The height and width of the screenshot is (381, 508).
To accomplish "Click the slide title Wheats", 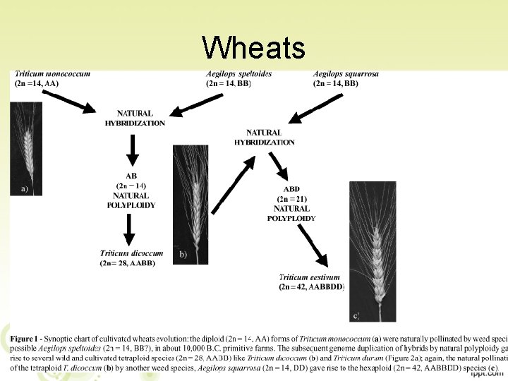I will coord(253,48).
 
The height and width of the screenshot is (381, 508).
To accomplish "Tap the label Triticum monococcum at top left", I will coord(51,74).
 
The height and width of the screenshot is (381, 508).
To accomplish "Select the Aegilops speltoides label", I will coord(239,74).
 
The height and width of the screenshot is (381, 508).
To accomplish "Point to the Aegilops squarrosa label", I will coord(346,74).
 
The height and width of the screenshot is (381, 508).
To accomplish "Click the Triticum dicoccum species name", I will coord(131,253).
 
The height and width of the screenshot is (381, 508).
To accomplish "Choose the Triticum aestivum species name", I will coord(309,277).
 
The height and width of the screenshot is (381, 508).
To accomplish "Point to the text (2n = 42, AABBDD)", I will coord(312,287).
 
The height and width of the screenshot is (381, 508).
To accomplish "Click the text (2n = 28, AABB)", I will coord(128,263).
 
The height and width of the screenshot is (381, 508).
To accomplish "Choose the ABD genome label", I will coord(291,189).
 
